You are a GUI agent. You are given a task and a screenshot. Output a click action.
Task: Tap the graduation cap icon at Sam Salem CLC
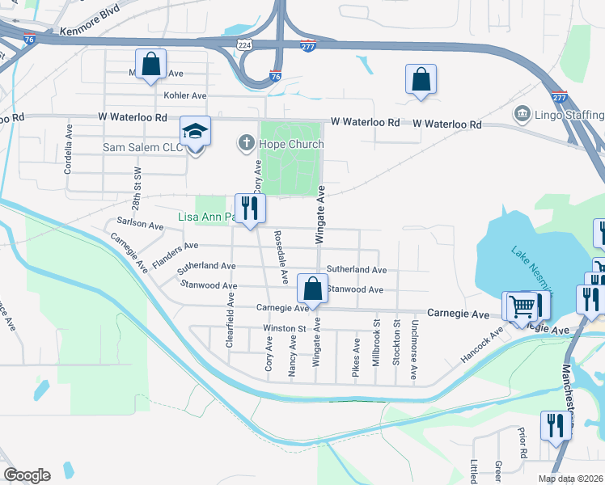tap(195, 130)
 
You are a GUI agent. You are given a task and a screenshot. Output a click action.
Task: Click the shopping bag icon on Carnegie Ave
tap(313, 289)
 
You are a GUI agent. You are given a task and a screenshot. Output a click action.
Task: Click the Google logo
tap(27, 475)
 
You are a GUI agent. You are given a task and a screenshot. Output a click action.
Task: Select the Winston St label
tap(284, 328)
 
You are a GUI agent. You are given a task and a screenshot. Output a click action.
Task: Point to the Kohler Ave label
tap(185, 95)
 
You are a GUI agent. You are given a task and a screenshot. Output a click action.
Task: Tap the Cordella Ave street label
tap(69, 150)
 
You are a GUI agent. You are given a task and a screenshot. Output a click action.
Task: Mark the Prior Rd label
tap(522, 445)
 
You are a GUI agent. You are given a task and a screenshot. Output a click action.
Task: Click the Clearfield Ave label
tap(231, 321)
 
